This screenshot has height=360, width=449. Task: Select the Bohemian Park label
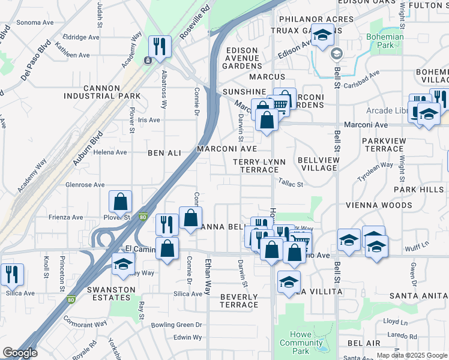385,41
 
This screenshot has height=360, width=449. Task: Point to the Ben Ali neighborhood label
164,154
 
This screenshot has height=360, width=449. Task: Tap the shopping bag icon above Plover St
121,202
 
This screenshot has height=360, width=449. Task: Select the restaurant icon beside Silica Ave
12,274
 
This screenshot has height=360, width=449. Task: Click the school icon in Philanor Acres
322,36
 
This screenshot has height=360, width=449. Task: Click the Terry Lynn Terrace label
259,166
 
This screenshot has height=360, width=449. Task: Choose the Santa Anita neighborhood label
418,296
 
